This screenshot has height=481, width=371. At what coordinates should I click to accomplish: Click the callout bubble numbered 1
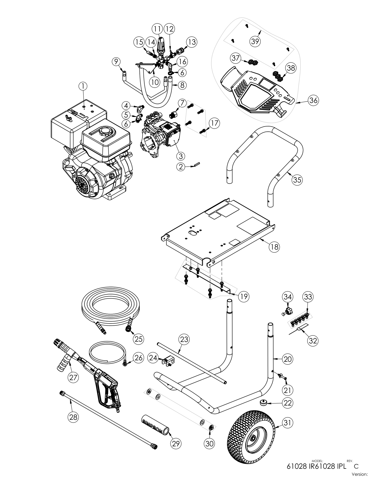point(83,86)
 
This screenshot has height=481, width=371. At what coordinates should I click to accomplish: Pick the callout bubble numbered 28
point(73,417)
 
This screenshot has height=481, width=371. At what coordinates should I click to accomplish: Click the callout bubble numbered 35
point(297,180)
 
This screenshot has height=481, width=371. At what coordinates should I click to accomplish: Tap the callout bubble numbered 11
point(157,29)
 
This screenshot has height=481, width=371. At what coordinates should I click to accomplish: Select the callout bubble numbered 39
point(255,41)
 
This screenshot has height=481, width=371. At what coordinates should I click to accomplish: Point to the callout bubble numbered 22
point(287,403)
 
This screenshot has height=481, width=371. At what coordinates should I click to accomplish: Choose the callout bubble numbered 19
point(243,296)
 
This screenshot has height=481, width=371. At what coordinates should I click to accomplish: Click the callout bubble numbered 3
point(180,156)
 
